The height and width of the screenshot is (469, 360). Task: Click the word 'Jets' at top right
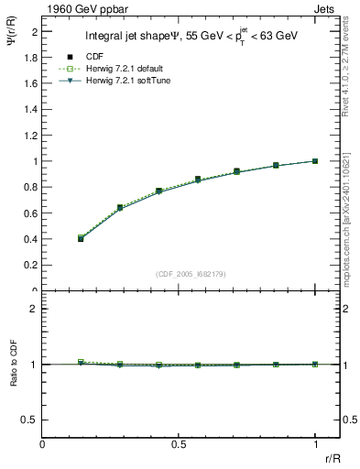[x=324, y=7]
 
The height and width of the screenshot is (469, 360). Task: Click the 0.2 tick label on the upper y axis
[x=33, y=265]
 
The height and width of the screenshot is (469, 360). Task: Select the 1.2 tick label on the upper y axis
[x=33, y=135]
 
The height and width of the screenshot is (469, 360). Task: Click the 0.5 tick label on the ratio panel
[x=33, y=420]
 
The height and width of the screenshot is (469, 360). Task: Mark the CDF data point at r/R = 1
[x=315, y=161]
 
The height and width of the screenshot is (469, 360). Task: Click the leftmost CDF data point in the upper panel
[x=81, y=239]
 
